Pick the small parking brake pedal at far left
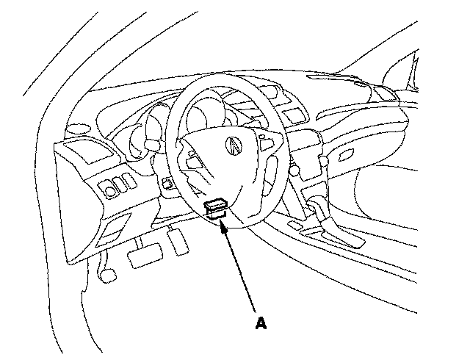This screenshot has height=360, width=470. pos(107,274)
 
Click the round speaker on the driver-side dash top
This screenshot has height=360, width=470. pos(75,128)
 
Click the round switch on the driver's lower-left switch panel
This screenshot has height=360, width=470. pos(112,190)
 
